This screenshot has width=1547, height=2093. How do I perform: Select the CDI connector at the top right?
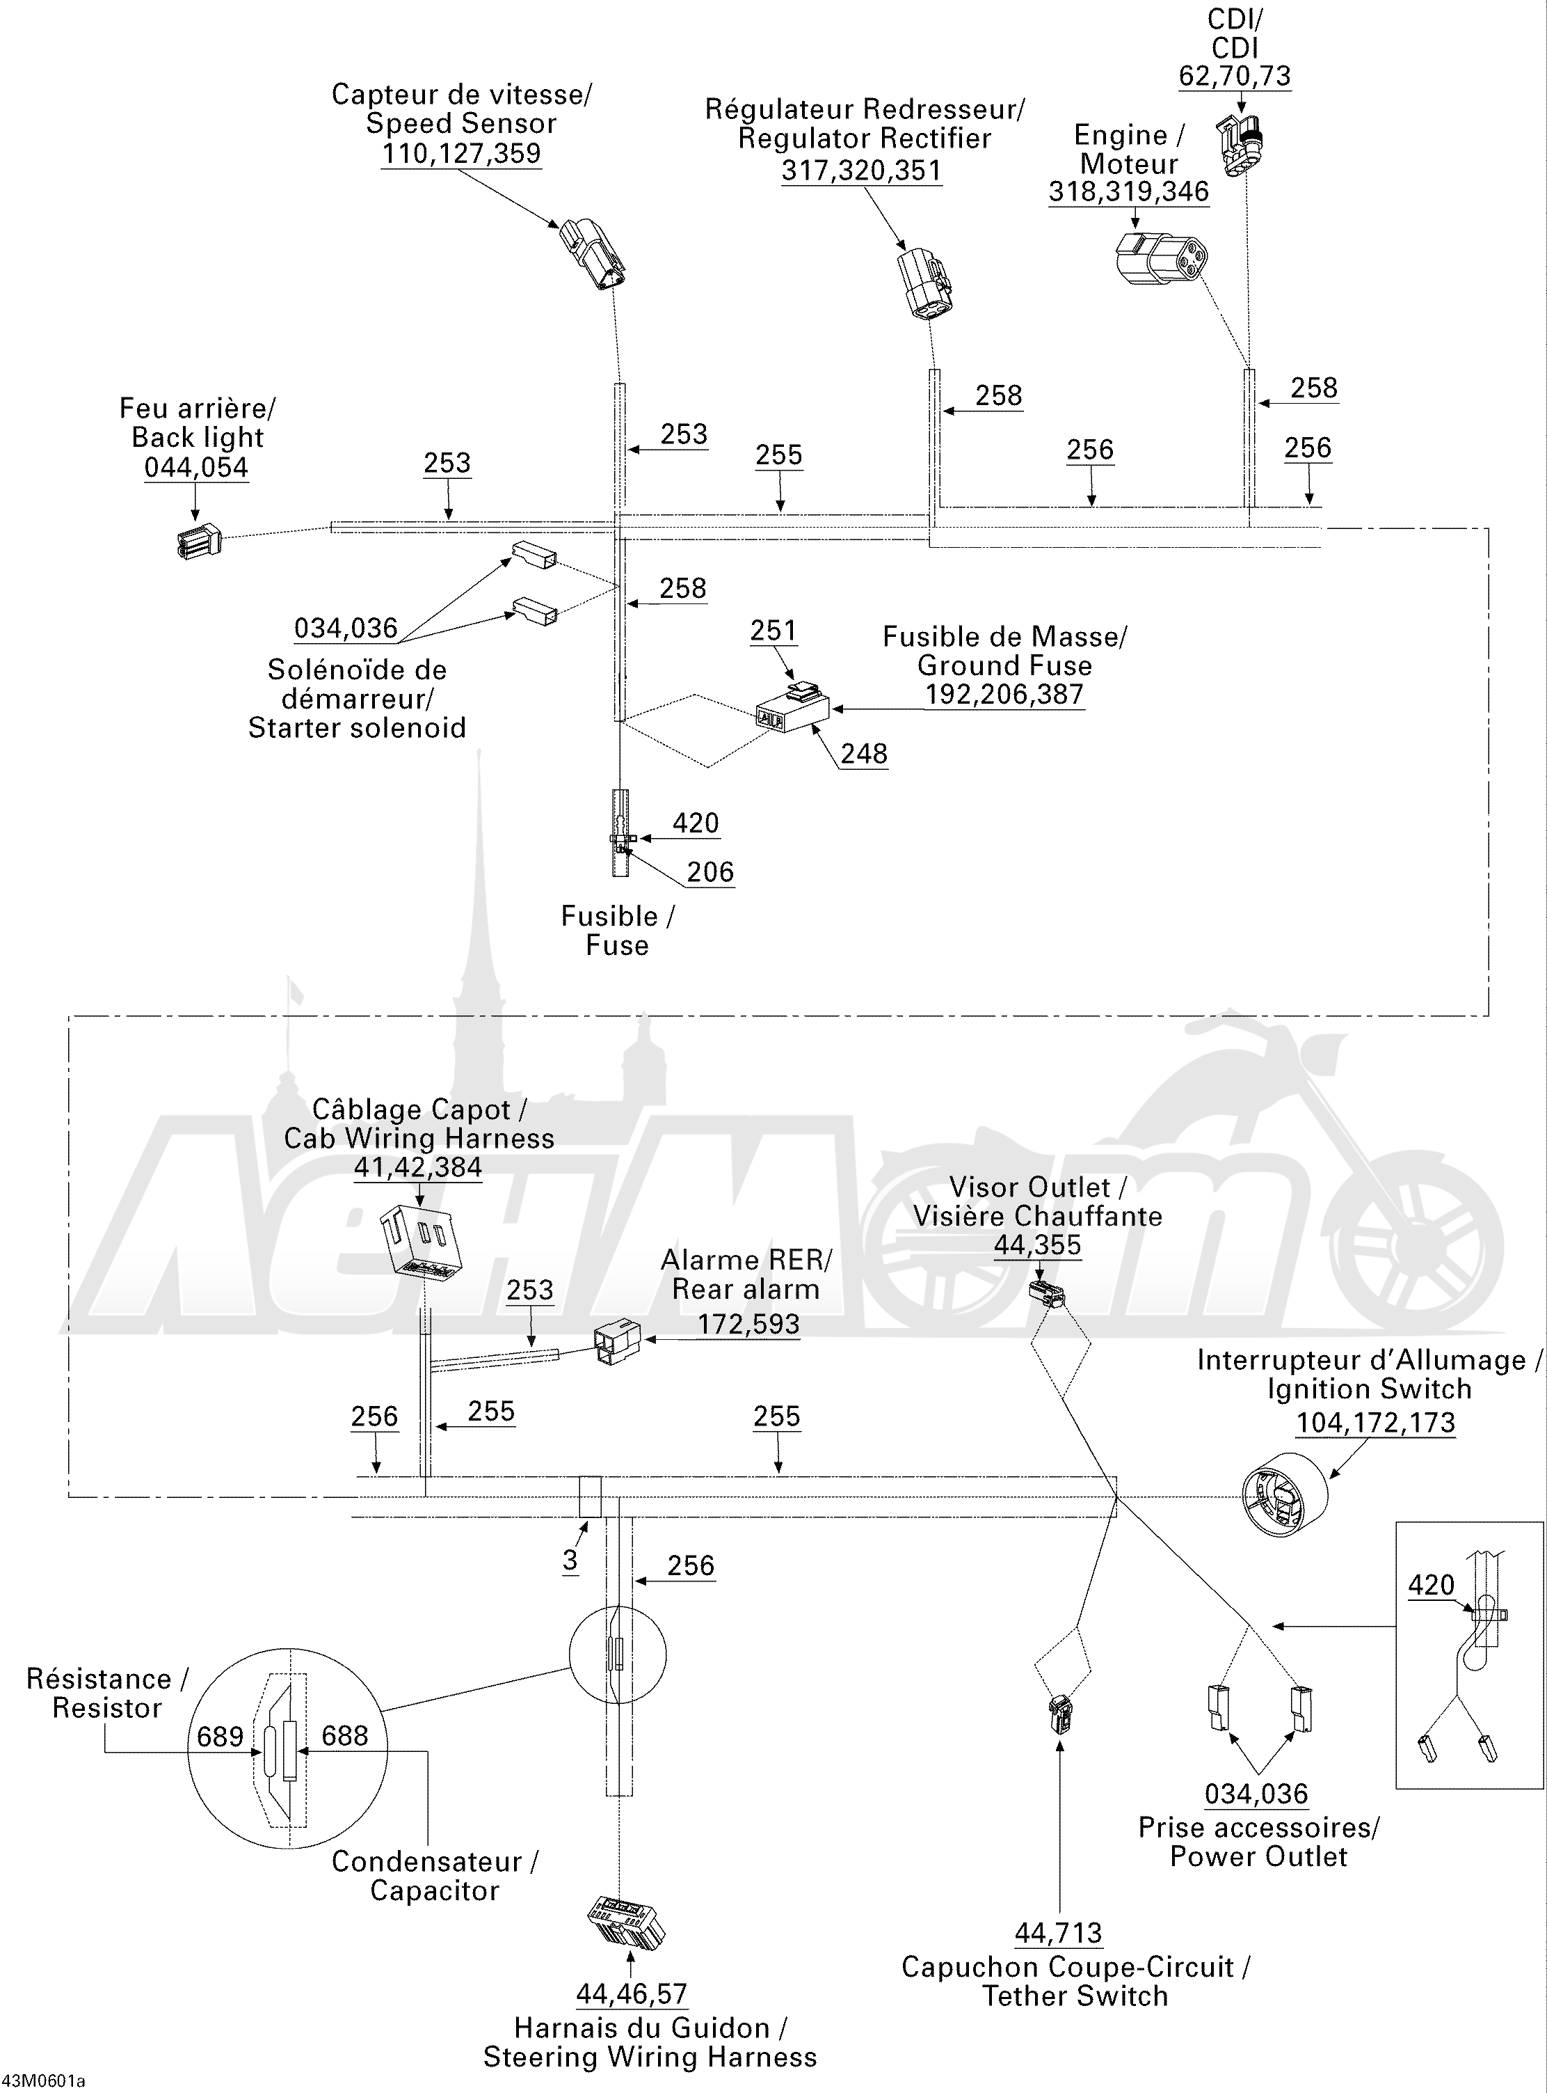1240,143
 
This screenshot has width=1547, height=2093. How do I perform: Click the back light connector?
198,541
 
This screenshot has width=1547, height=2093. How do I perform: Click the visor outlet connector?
1047,1294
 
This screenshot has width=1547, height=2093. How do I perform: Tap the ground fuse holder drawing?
792,709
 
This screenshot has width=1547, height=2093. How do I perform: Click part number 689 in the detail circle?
220,1736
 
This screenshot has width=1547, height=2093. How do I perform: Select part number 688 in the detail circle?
344,1735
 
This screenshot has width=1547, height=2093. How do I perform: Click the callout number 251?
773,631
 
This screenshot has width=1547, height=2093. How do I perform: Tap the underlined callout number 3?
570,1560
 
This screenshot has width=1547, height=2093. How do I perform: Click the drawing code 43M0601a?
44,2082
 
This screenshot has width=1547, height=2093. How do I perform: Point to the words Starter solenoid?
357,728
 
